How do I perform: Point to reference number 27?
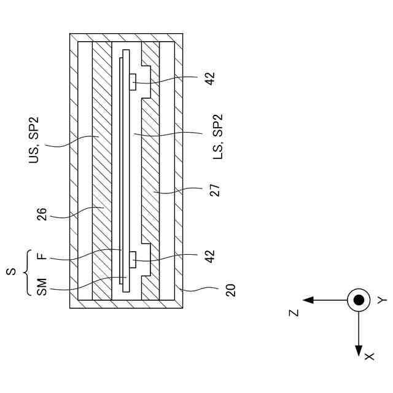point(214,189)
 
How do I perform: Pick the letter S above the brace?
point(12,270)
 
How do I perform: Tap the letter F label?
point(41,257)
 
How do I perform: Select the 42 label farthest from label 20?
point(210,79)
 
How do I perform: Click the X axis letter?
point(368,356)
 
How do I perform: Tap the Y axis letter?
point(381,300)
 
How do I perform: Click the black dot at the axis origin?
point(358,300)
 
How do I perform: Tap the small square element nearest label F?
point(132,259)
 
